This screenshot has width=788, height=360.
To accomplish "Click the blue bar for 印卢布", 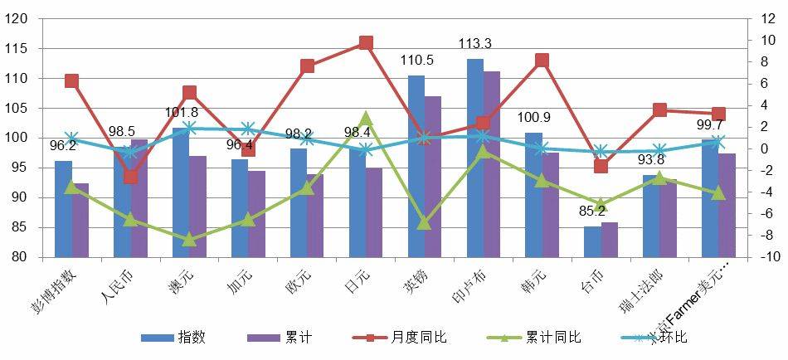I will pyautogui.click(x=475, y=158).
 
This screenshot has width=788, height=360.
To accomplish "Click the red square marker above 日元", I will pyautogui.click(x=366, y=43).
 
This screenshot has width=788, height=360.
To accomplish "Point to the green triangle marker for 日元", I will pyautogui.click(x=366, y=119).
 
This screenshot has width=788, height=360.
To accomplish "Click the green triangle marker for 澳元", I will pyautogui.click(x=189, y=240).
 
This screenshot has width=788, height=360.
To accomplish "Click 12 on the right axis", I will pyautogui.click(x=769, y=19).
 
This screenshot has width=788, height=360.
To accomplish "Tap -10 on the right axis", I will pyautogui.click(x=771, y=257).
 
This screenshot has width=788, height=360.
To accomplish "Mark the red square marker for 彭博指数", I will pyautogui.click(x=71, y=81).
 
